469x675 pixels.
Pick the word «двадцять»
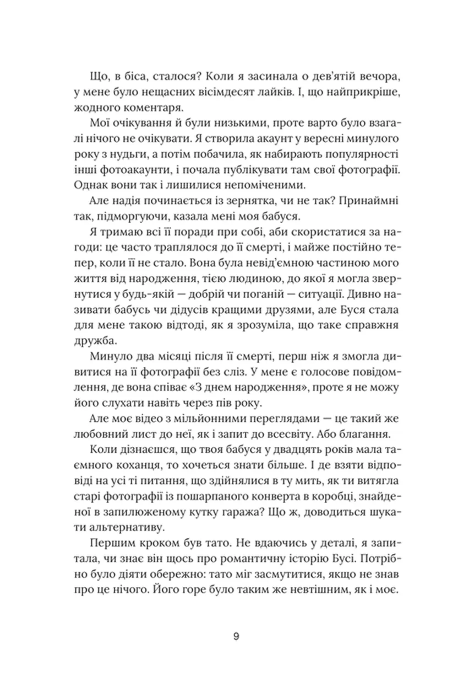tap(284, 449)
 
